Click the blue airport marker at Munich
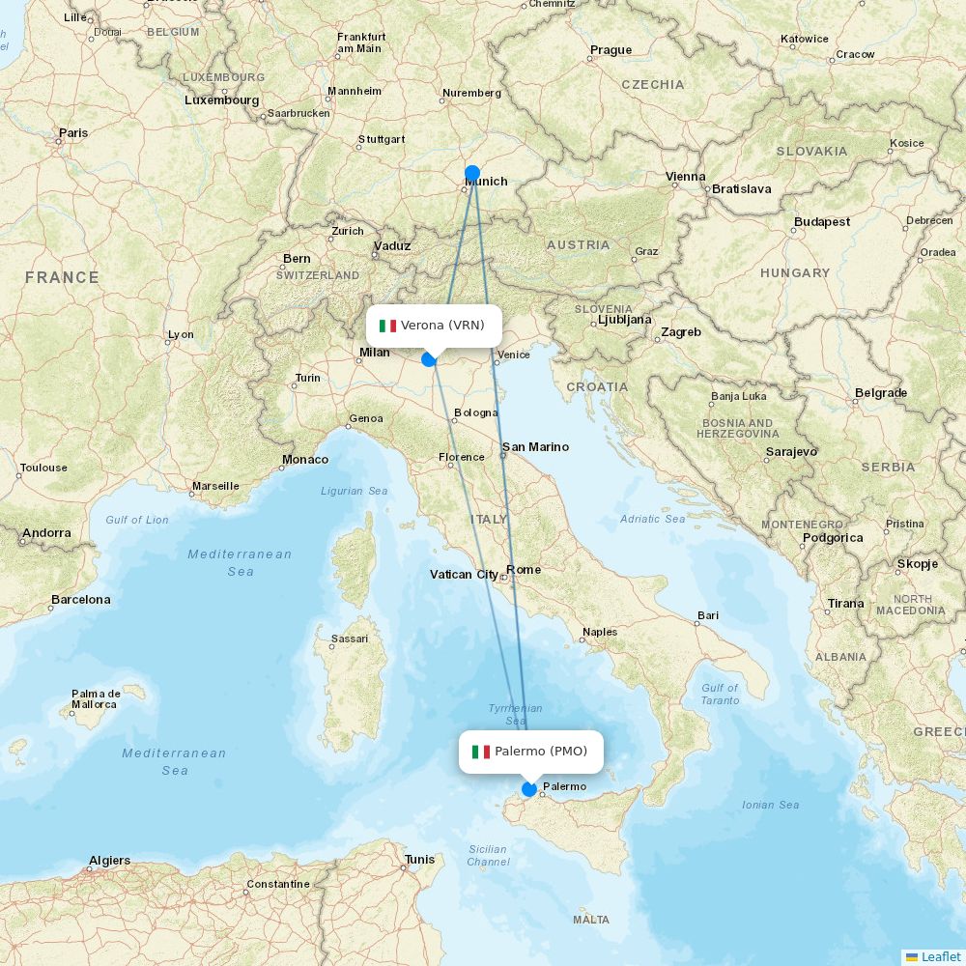[472, 174]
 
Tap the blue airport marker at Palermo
[529, 789]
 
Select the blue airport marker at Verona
[429, 359]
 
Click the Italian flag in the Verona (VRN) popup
[388, 326]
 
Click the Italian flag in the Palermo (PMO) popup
[481, 752]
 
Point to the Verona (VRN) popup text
[442, 326]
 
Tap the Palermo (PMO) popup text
[540, 752]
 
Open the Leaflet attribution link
[940, 956]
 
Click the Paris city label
[72, 133]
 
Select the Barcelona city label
[81, 600]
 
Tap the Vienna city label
[686, 177]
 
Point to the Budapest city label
[822, 222]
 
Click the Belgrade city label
[881, 393]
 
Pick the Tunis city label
[420, 860]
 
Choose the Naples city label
[600, 633]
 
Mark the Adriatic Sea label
[654, 520]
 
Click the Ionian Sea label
[770, 805]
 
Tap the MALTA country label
[591, 920]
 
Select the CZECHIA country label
[653, 85]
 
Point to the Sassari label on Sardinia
[350, 639]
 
